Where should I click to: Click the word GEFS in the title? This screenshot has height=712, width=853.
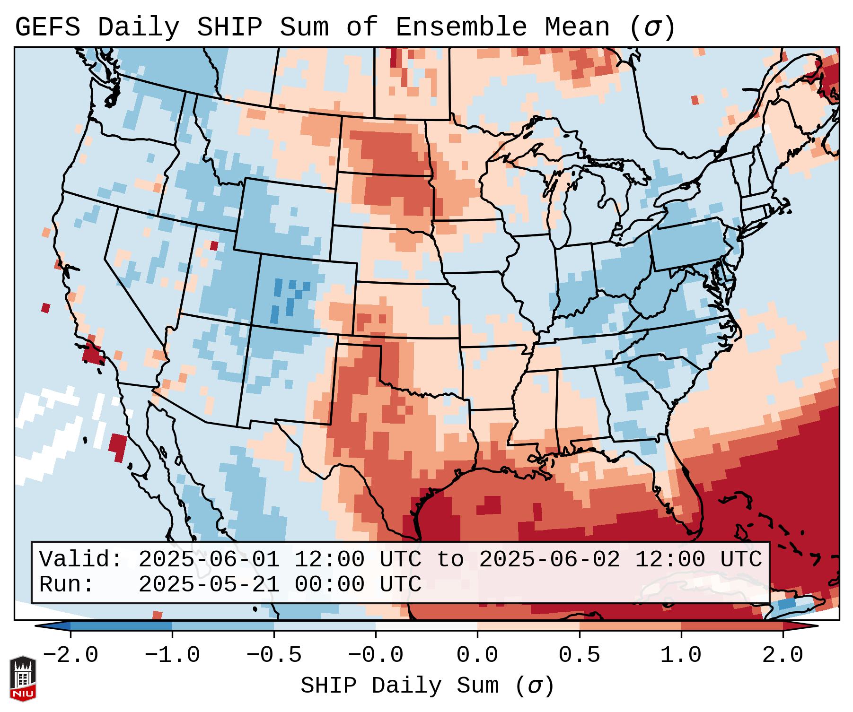tap(48, 27)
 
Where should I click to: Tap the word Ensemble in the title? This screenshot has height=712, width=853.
tap(461, 27)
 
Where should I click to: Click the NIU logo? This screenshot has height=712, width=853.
tap(23, 678)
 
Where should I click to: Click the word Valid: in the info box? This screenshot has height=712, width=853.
tap(81, 560)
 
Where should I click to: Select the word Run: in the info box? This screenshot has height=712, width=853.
tap(67, 584)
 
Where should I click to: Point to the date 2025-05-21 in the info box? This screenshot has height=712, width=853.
tap(209, 584)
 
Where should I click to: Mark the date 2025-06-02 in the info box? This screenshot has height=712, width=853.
tap(549, 560)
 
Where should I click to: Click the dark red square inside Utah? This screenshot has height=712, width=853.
tap(214, 246)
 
